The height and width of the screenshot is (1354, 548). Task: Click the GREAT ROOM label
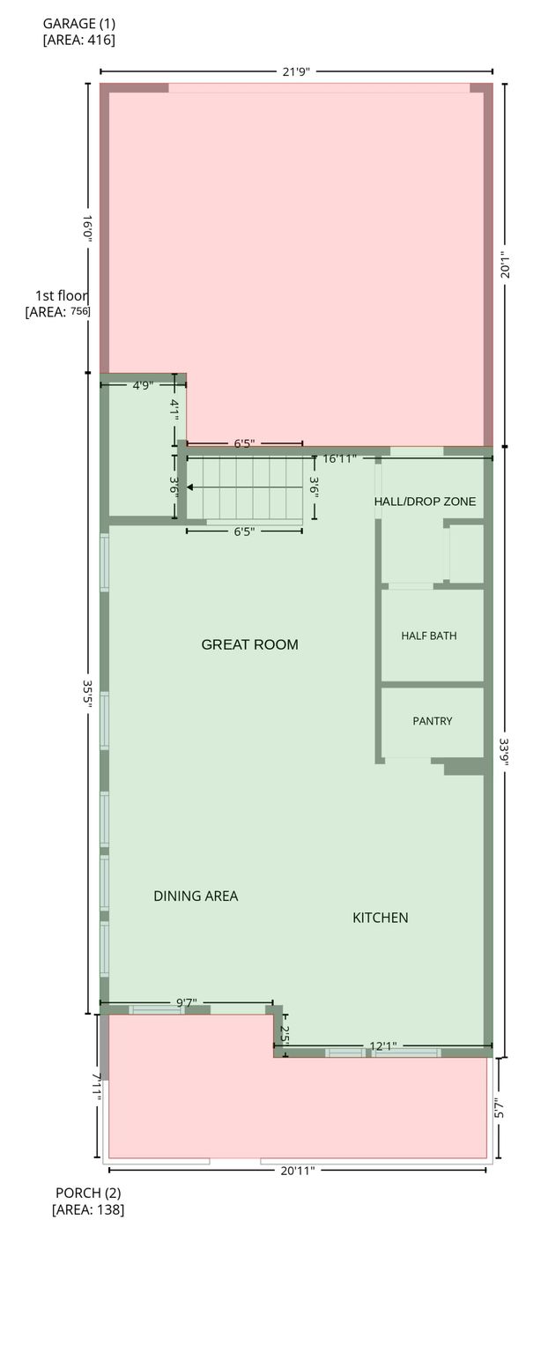click(249, 644)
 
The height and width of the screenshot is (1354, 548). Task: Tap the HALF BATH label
click(429, 636)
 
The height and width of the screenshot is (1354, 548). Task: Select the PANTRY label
click(432, 720)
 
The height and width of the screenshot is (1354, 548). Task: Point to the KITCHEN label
click(380, 918)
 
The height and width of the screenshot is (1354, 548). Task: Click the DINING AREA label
click(196, 896)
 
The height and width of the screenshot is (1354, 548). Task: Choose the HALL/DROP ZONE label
click(425, 501)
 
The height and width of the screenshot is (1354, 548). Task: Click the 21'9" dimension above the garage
click(296, 72)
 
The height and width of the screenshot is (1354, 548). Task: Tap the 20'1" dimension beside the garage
click(505, 264)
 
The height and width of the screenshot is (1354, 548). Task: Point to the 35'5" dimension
click(87, 696)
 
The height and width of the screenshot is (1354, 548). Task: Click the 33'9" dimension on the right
click(505, 750)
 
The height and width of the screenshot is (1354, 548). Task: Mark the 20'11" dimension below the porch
click(298, 1171)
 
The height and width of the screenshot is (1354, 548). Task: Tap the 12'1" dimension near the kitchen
click(383, 1045)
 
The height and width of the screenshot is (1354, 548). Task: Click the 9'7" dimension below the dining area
click(187, 1003)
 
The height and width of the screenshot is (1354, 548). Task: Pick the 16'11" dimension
click(339, 458)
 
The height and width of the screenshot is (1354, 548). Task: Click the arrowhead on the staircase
click(190, 487)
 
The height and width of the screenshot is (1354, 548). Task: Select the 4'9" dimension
click(143, 385)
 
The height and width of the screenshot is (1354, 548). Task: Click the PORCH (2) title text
click(88, 1193)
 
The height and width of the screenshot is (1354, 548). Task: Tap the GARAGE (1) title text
click(79, 24)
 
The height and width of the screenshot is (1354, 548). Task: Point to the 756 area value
click(80, 311)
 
